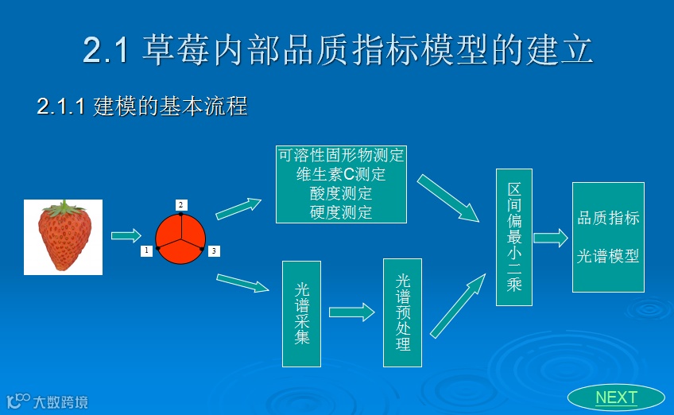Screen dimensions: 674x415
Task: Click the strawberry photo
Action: click(64, 238)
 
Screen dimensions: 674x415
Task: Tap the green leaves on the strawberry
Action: click(63, 209)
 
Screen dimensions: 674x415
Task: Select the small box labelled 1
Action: click(146, 251)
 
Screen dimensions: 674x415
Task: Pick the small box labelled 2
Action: click(181, 205)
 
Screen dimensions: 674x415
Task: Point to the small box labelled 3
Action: click(214, 251)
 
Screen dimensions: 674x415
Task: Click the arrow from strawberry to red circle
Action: click(126, 235)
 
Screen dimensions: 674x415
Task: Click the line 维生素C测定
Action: click(341, 174)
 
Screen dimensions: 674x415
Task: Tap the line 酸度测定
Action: click(341, 193)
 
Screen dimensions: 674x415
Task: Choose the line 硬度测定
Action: click(341, 212)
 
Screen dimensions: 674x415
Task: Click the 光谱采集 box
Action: click(302, 313)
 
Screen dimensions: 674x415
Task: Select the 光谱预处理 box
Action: click(402, 312)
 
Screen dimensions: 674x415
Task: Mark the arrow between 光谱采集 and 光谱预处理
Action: click(351, 312)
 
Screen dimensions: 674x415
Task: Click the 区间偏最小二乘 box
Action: click(514, 237)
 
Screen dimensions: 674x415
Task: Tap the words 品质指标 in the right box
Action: click(608, 218)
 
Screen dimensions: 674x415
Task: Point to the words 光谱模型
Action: click(608, 256)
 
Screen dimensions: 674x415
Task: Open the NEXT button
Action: click(616, 398)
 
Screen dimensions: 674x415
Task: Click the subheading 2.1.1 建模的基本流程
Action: click(142, 107)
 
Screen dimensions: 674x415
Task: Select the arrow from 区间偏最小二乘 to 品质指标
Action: click(550, 238)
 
